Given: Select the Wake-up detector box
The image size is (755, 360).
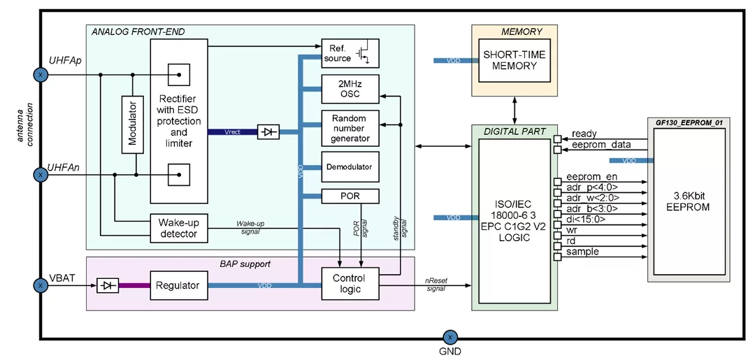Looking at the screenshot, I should [179, 228].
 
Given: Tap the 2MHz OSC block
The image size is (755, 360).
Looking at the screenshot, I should [350, 89].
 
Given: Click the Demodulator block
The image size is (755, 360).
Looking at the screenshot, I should [350, 167].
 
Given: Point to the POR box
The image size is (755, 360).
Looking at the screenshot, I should [350, 196].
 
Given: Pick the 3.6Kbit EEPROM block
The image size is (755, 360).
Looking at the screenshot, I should [688, 201].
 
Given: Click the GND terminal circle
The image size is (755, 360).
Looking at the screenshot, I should [450, 337].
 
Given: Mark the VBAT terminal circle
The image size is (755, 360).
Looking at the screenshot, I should [41, 285].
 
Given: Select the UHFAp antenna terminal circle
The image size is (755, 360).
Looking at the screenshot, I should [41, 74].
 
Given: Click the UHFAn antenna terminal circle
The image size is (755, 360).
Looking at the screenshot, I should [41, 174].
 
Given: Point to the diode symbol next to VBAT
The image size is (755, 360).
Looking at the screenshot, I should [108, 285].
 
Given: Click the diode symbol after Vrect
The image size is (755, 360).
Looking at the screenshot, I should [268, 131].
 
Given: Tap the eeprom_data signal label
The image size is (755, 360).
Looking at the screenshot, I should [601, 145].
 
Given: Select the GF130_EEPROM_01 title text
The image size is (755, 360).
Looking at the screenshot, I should [688, 122].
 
